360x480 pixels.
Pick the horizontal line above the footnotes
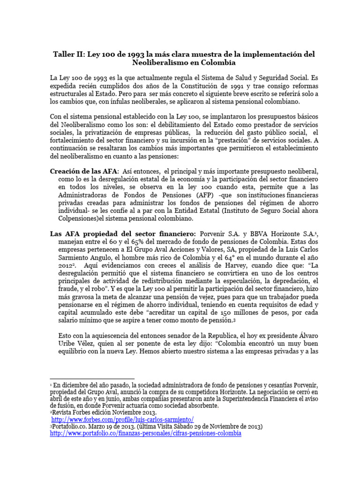click(x=92, y=378)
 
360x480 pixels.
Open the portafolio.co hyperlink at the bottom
click(x=145, y=434)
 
